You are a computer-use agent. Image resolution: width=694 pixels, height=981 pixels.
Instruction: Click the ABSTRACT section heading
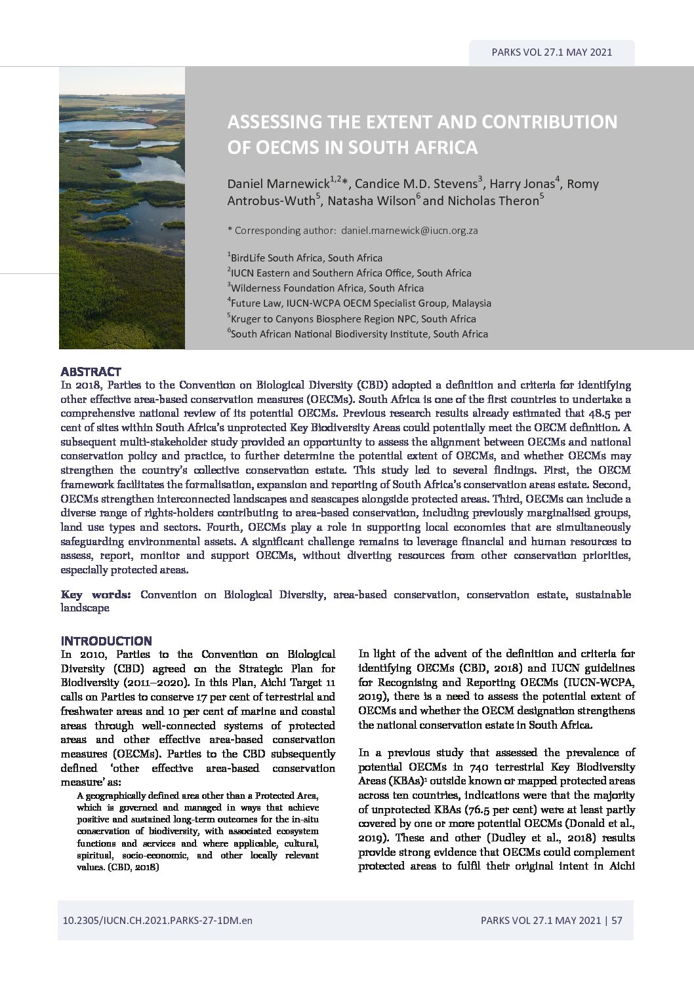click(91, 372)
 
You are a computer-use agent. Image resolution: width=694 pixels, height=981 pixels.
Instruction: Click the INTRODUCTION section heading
click(106, 640)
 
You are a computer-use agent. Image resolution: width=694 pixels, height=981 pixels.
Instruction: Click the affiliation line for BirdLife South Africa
click(306, 258)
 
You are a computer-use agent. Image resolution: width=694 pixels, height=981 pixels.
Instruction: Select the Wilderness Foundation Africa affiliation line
click(326, 288)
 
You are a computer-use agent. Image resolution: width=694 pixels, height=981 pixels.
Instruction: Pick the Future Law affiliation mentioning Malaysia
click(359, 303)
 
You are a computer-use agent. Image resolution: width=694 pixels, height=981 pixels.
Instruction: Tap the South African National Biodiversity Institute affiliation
click(358, 334)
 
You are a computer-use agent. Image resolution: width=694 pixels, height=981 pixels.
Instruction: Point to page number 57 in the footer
click(617, 921)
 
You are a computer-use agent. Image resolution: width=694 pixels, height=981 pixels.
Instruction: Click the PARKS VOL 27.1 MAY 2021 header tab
click(552, 52)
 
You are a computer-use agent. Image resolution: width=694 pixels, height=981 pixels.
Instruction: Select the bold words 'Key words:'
click(96, 594)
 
